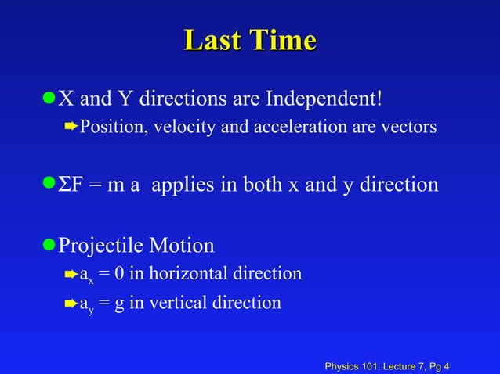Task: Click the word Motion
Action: point(183,246)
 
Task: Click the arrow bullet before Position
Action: point(69,126)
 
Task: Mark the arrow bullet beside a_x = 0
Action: point(69,274)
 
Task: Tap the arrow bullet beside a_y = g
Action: point(69,303)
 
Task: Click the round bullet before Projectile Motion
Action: point(49,245)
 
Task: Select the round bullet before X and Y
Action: point(49,99)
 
